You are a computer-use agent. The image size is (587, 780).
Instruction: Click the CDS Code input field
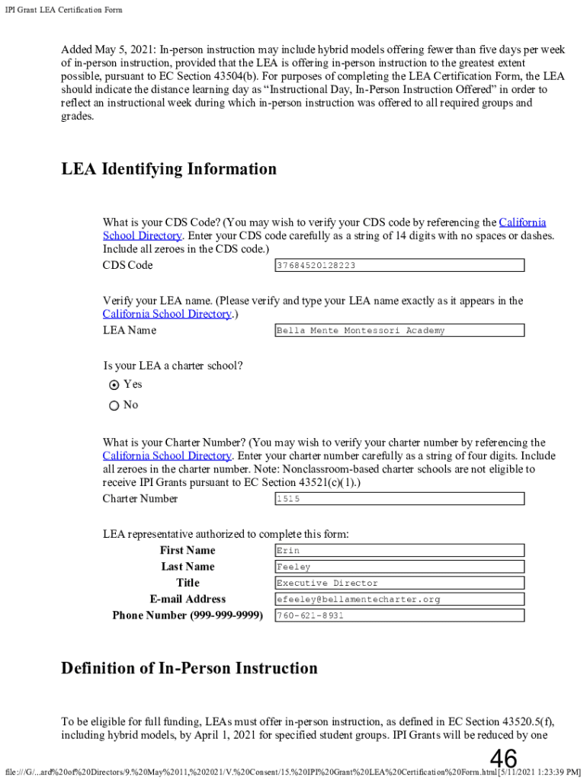pos(399,265)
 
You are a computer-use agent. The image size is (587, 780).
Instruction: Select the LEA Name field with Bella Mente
pos(399,331)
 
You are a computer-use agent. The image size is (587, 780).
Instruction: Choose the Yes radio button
pos(114,385)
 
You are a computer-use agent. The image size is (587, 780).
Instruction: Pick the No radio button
pos(114,405)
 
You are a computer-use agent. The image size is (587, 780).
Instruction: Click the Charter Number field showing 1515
pos(399,499)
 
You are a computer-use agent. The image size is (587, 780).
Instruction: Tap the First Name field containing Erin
pos(399,551)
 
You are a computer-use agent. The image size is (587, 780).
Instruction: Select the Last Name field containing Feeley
pos(399,567)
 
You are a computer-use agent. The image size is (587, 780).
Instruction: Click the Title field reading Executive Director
pos(399,583)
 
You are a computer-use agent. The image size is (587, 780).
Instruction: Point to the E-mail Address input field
pos(399,599)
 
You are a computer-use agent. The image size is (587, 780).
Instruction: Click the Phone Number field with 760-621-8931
pos(399,615)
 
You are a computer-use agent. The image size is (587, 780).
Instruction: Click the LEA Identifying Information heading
pos(168,169)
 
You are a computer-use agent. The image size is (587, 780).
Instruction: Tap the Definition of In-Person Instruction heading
pos(189,669)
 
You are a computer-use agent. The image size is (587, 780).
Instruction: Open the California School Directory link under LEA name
pos(167,314)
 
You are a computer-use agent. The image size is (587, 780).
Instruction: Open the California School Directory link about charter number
pos(167,456)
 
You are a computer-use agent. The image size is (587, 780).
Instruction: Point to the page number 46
pos(503,759)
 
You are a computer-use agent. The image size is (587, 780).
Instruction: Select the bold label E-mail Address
pos(188,599)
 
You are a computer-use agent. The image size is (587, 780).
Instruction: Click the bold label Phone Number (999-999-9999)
pos(188,615)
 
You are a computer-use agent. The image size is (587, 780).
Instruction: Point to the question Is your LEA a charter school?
pos(173,366)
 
